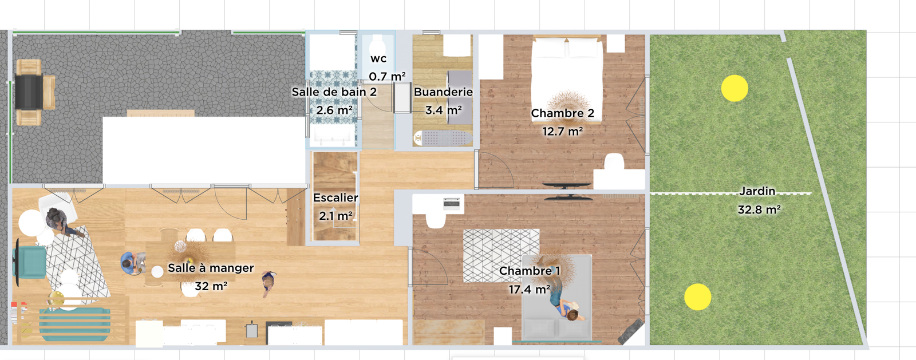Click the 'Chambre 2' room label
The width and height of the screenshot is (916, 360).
pyautogui.click(x=562, y=113)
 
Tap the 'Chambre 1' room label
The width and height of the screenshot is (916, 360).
pyautogui.click(x=530, y=271)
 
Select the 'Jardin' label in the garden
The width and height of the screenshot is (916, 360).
pyautogui.click(x=757, y=191)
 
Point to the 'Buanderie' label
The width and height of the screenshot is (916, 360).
pyautogui.click(x=443, y=92)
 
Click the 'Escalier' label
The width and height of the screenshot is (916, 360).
pyautogui.click(x=335, y=198)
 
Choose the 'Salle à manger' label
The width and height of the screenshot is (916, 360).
pyautogui.click(x=211, y=268)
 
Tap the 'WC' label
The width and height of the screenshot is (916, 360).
pyautogui.click(x=378, y=58)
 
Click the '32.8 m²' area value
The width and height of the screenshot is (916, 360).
pyautogui.click(x=759, y=209)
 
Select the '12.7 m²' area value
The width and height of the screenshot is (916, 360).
pyautogui.click(x=562, y=131)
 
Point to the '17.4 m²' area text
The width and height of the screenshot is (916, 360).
pyautogui.click(x=529, y=290)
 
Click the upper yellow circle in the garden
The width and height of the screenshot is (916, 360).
pyautogui.click(x=735, y=88)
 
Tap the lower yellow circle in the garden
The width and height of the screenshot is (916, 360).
pyautogui.click(x=697, y=297)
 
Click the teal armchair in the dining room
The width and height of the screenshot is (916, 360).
pyautogui.click(x=31, y=262)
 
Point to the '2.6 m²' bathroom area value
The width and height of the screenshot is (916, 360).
pyautogui.click(x=334, y=110)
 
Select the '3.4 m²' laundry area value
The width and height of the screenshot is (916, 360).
pyautogui.click(x=443, y=110)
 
